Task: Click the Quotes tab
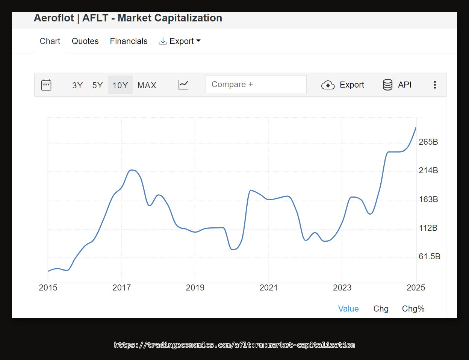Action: point(85,41)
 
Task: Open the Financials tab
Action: point(129,41)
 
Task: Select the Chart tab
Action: point(50,41)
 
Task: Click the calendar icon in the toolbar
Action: point(46,85)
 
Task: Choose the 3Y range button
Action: point(77,85)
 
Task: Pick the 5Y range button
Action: point(97,85)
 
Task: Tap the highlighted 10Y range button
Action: point(120,85)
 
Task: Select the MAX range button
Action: point(147,85)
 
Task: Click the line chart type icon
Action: point(183,85)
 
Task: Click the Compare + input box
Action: point(256,85)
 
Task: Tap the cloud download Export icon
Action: point(328,85)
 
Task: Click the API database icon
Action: point(388,85)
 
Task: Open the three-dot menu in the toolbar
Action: point(435,85)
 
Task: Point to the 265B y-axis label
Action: point(428,142)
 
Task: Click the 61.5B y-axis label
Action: point(430,257)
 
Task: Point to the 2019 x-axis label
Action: point(195,288)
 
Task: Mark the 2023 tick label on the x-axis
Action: point(342,288)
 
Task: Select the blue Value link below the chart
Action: point(348,309)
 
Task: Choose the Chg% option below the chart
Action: point(413,309)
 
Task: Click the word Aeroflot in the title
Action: point(54,18)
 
